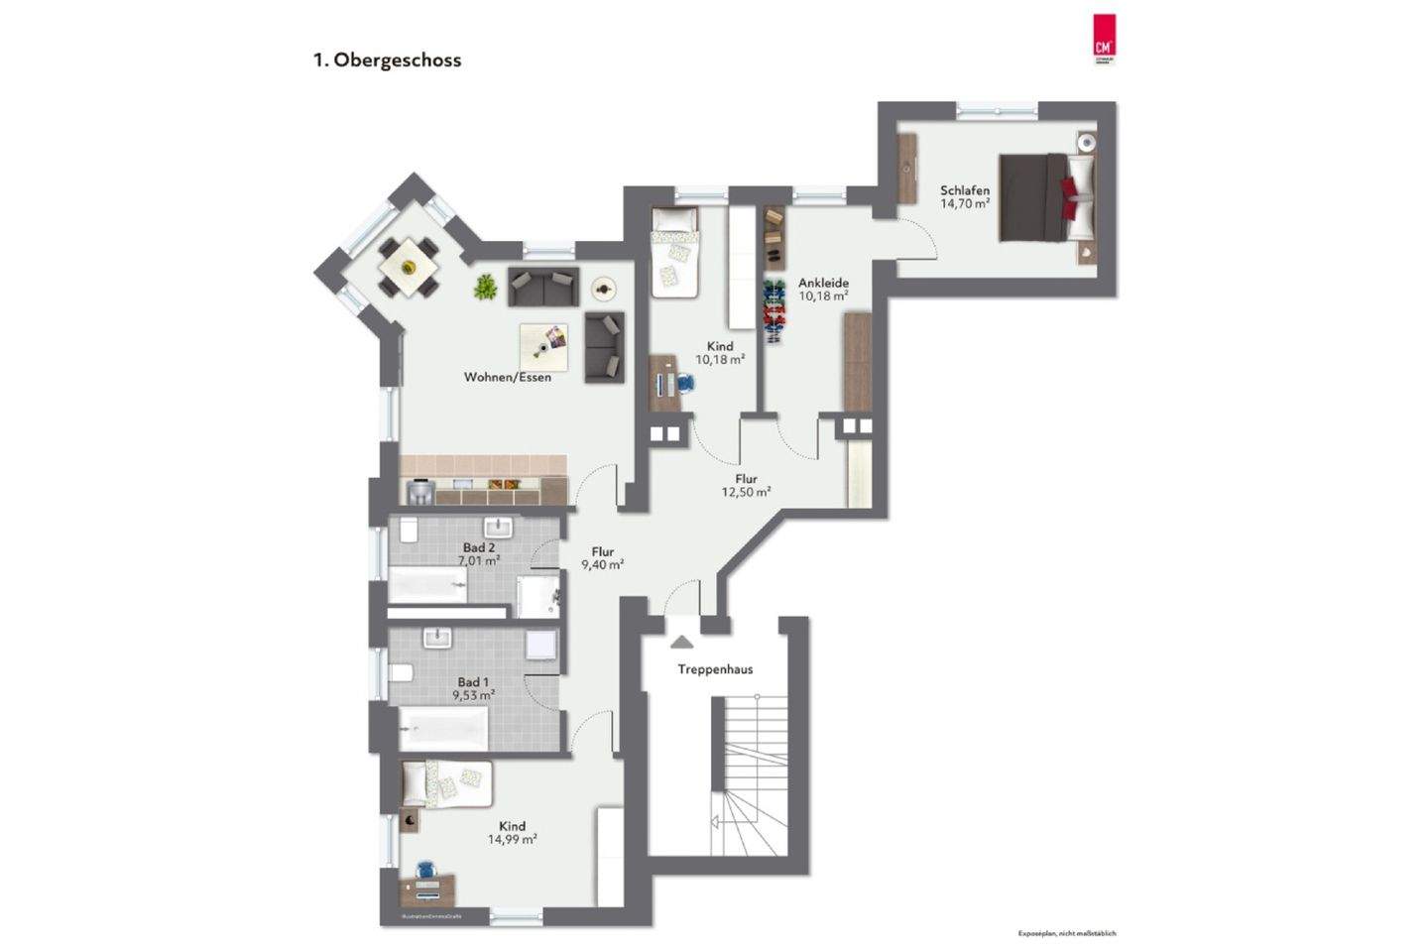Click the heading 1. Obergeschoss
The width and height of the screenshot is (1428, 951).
[x=388, y=59]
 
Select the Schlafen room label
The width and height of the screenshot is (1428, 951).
[x=965, y=190]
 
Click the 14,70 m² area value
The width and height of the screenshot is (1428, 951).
[x=965, y=204]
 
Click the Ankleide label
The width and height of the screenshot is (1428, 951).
[x=823, y=283]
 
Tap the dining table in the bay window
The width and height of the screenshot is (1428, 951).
[x=408, y=267]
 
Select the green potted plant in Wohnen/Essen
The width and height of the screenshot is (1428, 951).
[x=485, y=288]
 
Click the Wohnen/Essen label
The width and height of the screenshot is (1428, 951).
[x=508, y=377]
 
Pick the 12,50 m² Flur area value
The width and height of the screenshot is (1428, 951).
[x=747, y=492]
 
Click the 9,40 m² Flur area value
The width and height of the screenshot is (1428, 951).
[x=602, y=565]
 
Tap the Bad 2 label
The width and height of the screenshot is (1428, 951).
[x=479, y=547]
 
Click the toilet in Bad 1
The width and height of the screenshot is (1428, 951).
[x=401, y=673]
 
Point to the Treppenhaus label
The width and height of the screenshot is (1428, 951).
[x=715, y=669]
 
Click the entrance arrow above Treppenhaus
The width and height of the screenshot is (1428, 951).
[x=681, y=642]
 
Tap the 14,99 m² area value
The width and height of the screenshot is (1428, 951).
[x=512, y=839]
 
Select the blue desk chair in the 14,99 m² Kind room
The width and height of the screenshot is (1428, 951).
[x=426, y=868]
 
